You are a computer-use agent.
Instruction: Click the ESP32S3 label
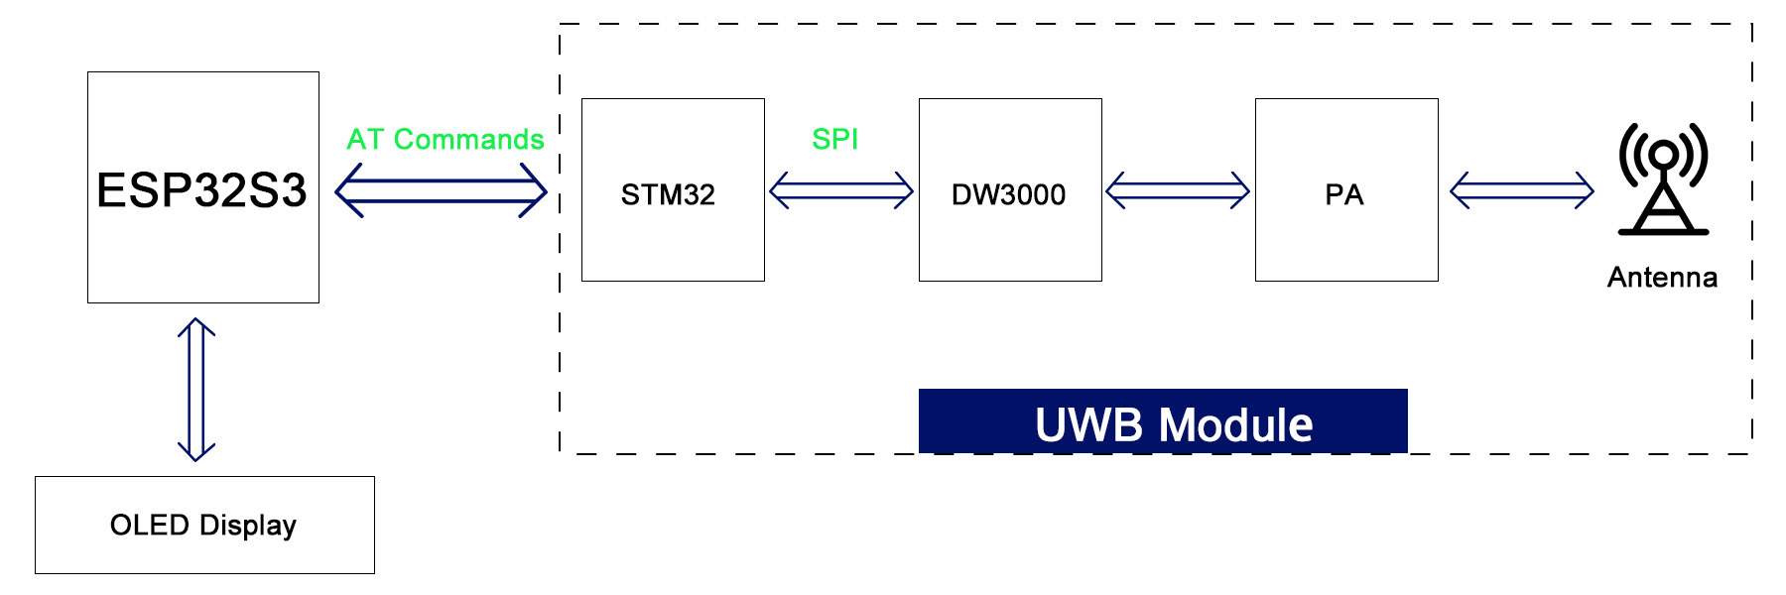pos(201,190)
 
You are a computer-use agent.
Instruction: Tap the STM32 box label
pos(668,194)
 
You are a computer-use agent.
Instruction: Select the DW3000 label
pos(1008,194)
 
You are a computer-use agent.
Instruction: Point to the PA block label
pos(1344,194)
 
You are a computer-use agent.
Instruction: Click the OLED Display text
pos(203,526)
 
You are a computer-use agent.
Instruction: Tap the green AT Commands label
pos(446,139)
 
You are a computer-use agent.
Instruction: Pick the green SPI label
pos(834,139)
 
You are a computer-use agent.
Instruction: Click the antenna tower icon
pos(1663,178)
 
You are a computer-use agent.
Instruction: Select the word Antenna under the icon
pos(1662,277)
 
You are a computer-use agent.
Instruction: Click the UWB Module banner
pos(1163,421)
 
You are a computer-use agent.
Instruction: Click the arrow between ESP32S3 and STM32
pos(441,190)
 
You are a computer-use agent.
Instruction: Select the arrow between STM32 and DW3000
pos(841,190)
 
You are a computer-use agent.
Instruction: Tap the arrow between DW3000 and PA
pos(1178,190)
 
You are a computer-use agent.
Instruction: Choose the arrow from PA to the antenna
pos(1522,190)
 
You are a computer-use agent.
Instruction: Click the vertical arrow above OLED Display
pos(196,390)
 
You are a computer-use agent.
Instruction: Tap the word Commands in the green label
pos(469,139)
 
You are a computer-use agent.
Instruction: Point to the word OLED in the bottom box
pos(150,525)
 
